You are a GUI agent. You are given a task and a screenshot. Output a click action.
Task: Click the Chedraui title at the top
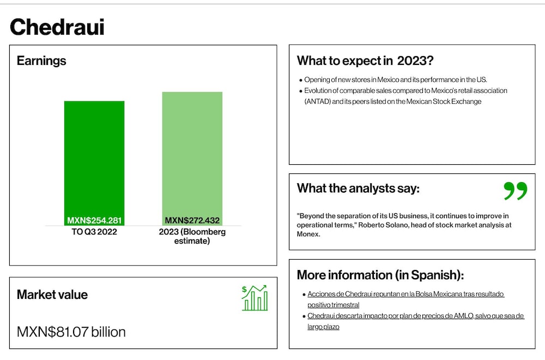(57, 27)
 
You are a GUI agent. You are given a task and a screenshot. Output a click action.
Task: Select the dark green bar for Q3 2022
(94, 163)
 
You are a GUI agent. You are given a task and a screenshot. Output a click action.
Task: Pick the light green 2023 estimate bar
(192, 159)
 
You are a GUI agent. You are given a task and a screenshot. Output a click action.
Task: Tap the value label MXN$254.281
(94, 220)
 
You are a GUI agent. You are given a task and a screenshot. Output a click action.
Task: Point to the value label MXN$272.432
(192, 220)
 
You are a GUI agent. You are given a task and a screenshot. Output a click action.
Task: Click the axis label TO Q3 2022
(94, 232)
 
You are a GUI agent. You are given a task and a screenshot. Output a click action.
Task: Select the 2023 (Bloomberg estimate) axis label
(192, 236)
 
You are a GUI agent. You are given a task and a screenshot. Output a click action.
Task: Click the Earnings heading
(41, 61)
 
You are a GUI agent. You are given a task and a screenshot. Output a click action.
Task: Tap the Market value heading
(52, 295)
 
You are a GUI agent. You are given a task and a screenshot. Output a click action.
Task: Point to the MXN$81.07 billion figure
(71, 332)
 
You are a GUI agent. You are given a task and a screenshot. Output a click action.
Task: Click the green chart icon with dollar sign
(255, 298)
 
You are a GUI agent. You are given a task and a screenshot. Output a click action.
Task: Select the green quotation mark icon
(516, 190)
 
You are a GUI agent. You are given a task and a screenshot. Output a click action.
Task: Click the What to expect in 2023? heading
(365, 61)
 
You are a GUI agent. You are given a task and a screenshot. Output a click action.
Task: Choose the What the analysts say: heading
(358, 188)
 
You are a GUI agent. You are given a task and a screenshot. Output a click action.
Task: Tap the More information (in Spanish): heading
(380, 275)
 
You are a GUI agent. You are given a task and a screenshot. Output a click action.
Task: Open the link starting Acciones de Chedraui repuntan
(405, 299)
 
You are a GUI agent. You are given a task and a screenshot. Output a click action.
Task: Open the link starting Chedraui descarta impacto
(416, 321)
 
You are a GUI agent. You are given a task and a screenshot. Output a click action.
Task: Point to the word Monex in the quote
(307, 234)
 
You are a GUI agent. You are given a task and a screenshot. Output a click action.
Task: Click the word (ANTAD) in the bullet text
(317, 101)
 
